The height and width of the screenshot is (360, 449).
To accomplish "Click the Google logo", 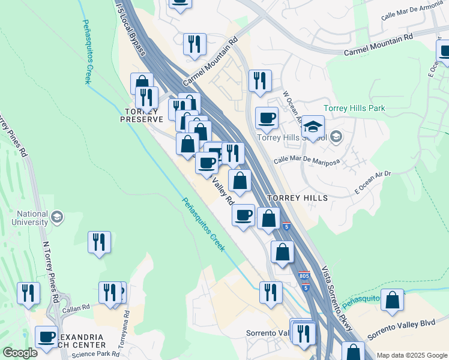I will pos(20,353).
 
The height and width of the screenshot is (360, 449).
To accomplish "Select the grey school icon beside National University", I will pos(57,217).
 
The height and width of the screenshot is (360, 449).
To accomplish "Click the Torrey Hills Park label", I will pos(354,109).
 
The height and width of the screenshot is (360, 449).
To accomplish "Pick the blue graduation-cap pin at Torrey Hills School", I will pos(313,127).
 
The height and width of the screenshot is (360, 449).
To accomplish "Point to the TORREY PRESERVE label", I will pos(143,115).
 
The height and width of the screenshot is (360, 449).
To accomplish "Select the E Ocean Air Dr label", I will pos(373,182).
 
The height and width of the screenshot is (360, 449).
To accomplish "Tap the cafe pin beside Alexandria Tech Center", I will pos(46,338).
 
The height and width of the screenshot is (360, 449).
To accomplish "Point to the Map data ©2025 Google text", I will pos(412,355).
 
